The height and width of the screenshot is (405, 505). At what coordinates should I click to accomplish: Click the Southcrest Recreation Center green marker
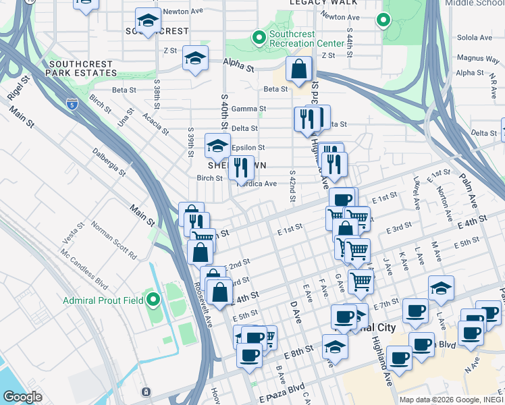[x=258, y=38]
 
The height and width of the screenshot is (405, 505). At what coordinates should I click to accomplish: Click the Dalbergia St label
[x=109, y=162]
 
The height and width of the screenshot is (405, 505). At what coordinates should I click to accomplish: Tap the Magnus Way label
[x=477, y=59]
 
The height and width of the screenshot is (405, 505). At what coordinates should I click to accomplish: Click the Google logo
[x=22, y=397]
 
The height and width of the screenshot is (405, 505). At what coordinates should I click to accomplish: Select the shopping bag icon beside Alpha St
[x=298, y=69]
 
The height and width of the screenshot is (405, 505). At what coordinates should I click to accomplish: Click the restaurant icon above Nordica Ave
[x=241, y=167]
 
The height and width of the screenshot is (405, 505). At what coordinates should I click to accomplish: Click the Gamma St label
[x=248, y=109]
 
